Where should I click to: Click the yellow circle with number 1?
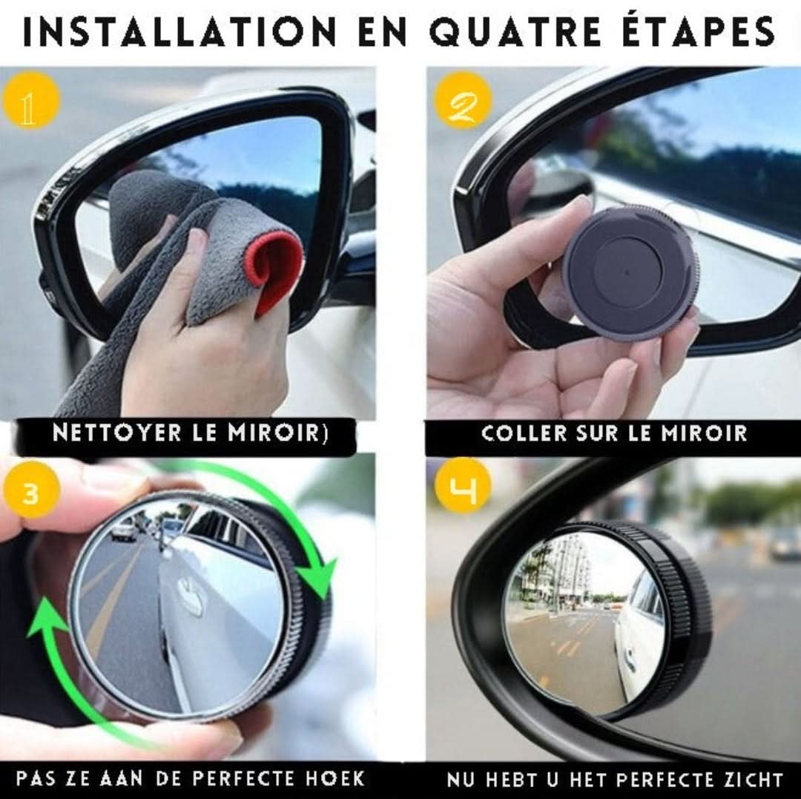point(30,101)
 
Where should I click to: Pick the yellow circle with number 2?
point(463,102)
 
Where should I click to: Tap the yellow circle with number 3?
point(30,493)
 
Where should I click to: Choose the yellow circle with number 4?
point(463,490)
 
